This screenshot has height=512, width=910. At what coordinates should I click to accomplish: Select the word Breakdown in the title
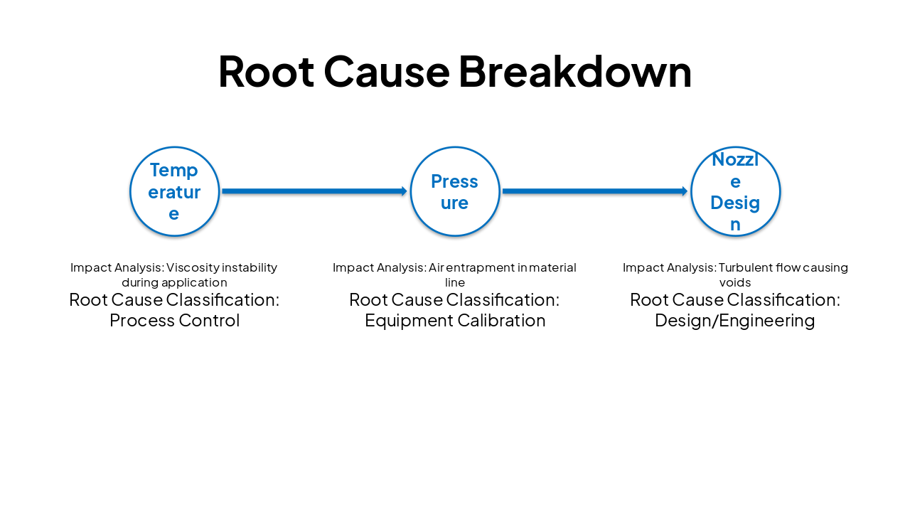pyautogui.click(x=574, y=72)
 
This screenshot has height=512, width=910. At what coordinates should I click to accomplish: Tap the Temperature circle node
pyautogui.click(x=174, y=191)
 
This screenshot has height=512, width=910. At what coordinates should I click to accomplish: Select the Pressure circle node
pyautogui.click(x=455, y=191)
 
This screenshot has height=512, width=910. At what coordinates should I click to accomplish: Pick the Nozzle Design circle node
pyautogui.click(x=735, y=191)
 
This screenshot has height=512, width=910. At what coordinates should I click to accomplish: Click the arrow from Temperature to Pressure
pyautogui.click(x=313, y=191)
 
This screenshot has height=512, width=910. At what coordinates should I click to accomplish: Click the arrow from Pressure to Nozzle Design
pyautogui.click(x=594, y=191)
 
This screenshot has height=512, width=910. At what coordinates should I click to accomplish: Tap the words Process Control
pyautogui.click(x=174, y=321)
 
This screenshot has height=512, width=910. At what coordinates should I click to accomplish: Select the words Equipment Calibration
pyautogui.click(x=455, y=321)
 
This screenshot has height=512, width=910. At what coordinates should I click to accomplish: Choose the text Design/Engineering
pyautogui.click(x=734, y=321)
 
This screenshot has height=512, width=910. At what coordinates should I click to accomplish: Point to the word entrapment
pyautogui.click(x=481, y=267)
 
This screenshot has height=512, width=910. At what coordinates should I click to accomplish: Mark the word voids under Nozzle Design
pyautogui.click(x=735, y=282)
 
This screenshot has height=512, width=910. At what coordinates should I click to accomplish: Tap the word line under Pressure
pyautogui.click(x=455, y=282)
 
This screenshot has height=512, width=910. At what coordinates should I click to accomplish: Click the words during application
pyautogui.click(x=174, y=282)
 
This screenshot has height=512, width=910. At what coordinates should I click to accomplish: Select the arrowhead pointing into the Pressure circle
pyautogui.click(x=404, y=191)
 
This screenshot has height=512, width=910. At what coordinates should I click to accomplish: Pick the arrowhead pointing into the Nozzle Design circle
pyautogui.click(x=685, y=191)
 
